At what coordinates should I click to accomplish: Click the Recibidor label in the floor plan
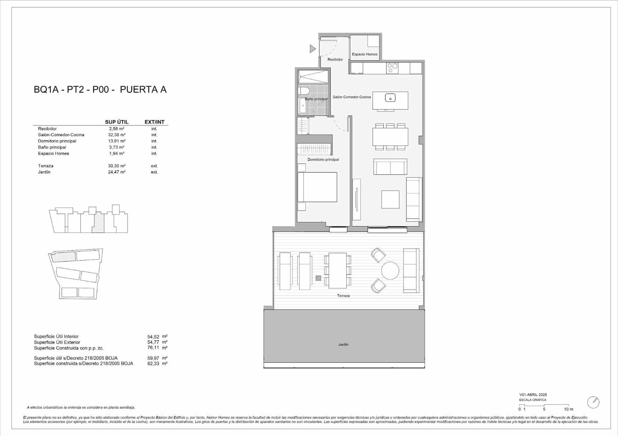click(x=335, y=59)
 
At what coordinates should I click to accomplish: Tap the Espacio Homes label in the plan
click(x=365, y=54)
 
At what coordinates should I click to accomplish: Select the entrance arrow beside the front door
click(x=312, y=49)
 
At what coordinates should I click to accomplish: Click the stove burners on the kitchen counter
click(x=392, y=68)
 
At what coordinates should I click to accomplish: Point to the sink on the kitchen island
click(x=390, y=98)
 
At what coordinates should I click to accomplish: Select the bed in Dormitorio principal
click(x=317, y=187)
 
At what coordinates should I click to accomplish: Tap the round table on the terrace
click(x=390, y=270)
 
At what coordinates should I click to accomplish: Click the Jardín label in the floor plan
click(x=343, y=345)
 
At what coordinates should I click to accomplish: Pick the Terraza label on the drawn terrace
click(x=343, y=296)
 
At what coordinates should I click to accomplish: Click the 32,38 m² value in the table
click(x=116, y=135)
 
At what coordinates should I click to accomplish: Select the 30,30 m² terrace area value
click(x=116, y=166)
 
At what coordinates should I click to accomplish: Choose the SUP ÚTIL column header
click(x=117, y=122)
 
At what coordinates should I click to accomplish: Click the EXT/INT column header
click(x=154, y=122)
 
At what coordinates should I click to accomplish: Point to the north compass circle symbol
click(x=593, y=402)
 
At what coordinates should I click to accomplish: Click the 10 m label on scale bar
click(x=568, y=409)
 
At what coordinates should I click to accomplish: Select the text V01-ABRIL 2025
click(x=533, y=395)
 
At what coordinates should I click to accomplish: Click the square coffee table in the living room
click(x=390, y=199)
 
